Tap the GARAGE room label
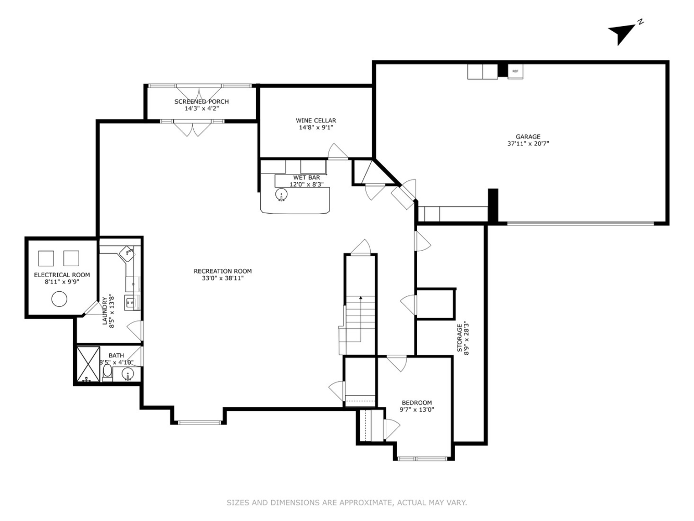(528, 137)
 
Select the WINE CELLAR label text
(316, 120)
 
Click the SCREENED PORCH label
(201, 102)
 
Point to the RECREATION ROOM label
(222, 271)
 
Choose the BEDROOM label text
(417, 403)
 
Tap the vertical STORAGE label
(460, 338)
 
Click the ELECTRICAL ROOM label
(62, 275)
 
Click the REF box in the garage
(515, 71)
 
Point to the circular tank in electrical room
(59, 299)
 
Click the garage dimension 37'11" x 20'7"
(528, 144)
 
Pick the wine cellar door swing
(337, 152)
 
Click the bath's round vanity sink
(128, 374)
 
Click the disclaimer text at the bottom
(347, 503)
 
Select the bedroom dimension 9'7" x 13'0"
(417, 410)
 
